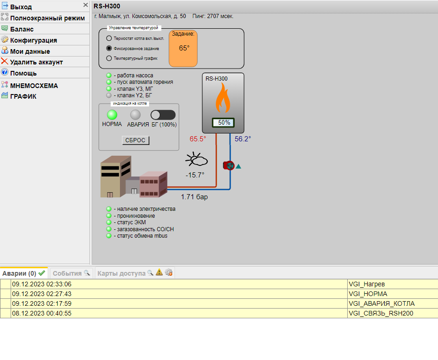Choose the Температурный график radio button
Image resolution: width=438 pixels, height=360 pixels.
point(109,58)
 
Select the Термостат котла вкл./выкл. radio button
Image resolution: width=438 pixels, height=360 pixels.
point(109,38)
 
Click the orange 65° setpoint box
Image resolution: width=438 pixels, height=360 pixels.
point(183,49)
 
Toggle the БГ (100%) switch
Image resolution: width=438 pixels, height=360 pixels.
point(163,115)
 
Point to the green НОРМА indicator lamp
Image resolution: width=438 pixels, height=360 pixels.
point(112,114)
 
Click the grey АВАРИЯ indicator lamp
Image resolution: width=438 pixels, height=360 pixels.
point(136,114)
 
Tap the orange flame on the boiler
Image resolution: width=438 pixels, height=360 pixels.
point(223,98)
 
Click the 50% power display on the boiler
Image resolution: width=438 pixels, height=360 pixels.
point(224,123)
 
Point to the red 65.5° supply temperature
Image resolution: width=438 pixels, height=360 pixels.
point(198,139)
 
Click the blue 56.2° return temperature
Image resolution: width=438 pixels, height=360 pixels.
point(243,139)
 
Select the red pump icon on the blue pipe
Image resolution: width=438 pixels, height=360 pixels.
point(229,166)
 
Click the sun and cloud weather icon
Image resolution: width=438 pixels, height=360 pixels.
point(197,159)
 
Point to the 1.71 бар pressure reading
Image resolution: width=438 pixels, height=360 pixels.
point(194,197)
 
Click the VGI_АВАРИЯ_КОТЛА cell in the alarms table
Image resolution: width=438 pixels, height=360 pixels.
point(382,303)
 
